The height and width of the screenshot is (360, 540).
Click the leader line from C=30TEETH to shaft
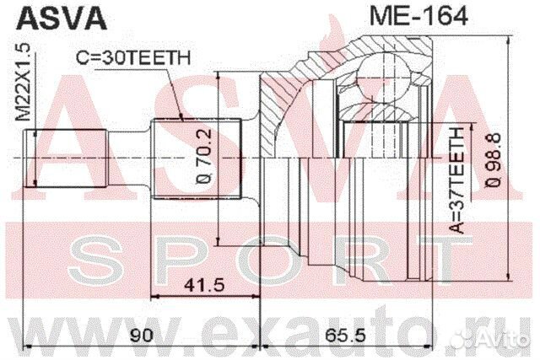173,93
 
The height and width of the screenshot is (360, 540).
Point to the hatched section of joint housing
278,101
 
